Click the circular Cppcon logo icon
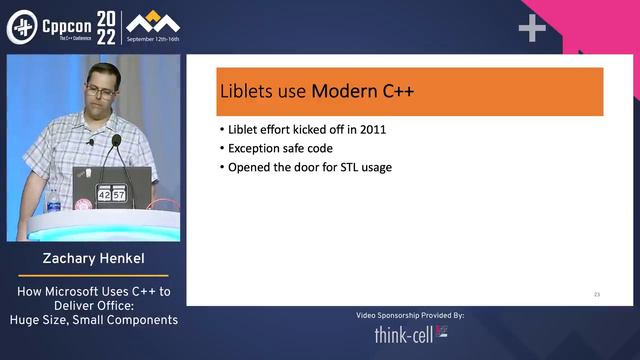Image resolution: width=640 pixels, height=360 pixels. pos(20,27)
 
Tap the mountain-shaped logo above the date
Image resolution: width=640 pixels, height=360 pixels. pos(154,21)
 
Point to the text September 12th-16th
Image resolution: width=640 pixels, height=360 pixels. pos(154,39)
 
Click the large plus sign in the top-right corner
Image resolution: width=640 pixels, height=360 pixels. pos(532,29)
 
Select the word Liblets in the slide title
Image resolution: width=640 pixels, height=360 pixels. pos(247,92)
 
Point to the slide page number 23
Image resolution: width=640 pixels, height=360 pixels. pos(596,294)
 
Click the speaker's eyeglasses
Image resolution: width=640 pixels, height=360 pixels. pos(98,91)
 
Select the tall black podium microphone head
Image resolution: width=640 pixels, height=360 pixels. pos(116,142)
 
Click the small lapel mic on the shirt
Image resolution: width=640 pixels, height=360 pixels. pos(90,142)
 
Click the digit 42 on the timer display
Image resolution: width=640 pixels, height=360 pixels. pos(104,195)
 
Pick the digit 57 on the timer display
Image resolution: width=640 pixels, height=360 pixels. pos(120,195)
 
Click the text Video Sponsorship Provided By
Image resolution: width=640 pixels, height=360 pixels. pos(410,315)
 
